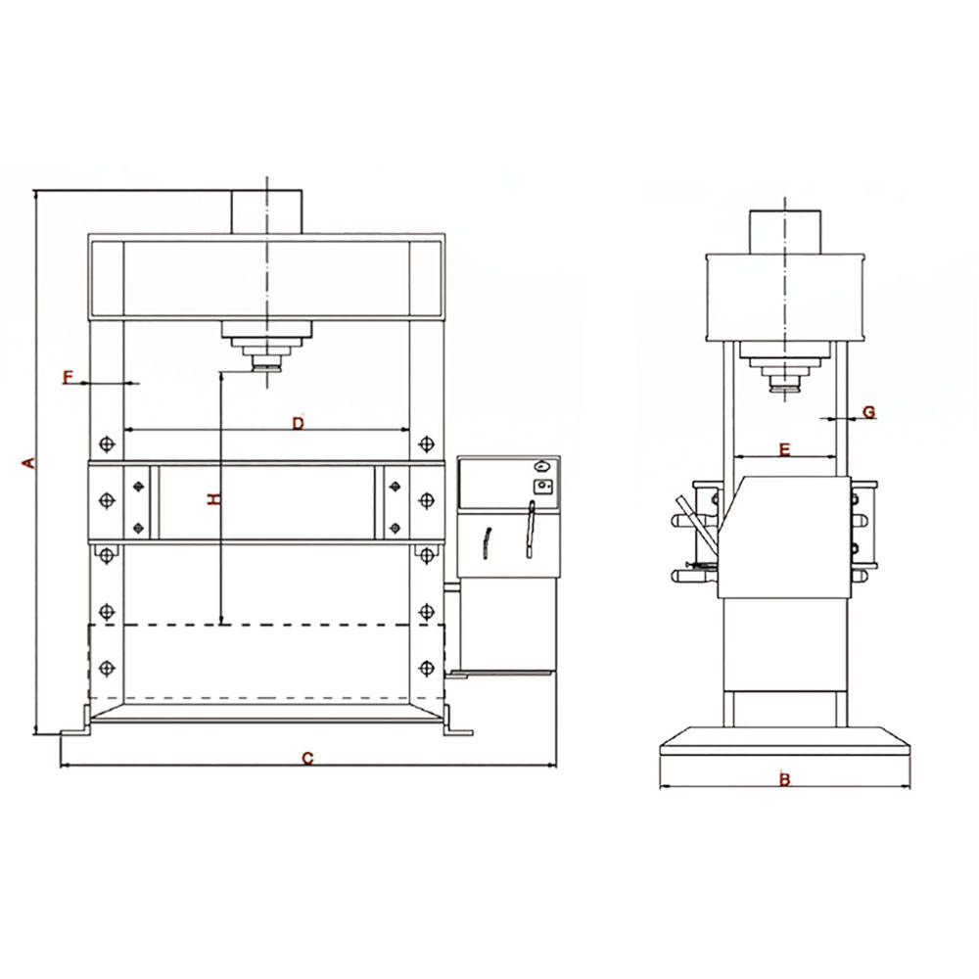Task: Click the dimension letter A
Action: [x=28, y=463]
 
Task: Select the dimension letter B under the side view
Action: [x=785, y=779]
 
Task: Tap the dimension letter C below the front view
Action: [x=307, y=759]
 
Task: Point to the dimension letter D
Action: [x=299, y=423]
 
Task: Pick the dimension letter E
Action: [x=785, y=449]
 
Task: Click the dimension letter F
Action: [x=69, y=377]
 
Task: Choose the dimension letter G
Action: [x=869, y=412]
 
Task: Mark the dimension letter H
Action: [x=214, y=499]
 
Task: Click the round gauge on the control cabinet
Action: [x=542, y=466]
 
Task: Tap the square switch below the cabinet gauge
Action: [x=542, y=487]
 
